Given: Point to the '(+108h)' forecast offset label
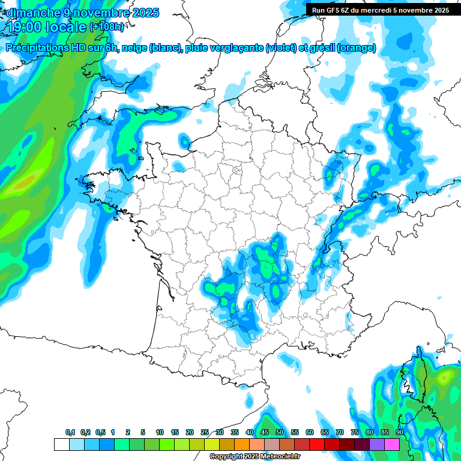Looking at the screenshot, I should coord(107,27).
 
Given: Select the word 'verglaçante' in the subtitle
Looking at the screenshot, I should coord(230,48).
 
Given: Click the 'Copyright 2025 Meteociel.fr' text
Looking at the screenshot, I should coord(255,457).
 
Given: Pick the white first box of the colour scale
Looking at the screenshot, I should coord(61,445).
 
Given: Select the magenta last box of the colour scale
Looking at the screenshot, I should coord(392,445).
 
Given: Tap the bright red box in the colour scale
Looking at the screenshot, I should coord(317,445).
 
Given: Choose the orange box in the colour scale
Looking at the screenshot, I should coord(242,445).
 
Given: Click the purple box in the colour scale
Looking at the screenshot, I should coord(377,445).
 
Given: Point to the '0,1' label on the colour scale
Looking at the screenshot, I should coord(70,432).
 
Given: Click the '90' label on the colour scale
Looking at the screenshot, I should coord(400,432).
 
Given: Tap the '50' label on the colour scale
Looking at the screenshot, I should coord(280,432).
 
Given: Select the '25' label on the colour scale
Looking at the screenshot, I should coord(205,432).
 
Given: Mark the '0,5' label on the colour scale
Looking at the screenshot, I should coord(100,432).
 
